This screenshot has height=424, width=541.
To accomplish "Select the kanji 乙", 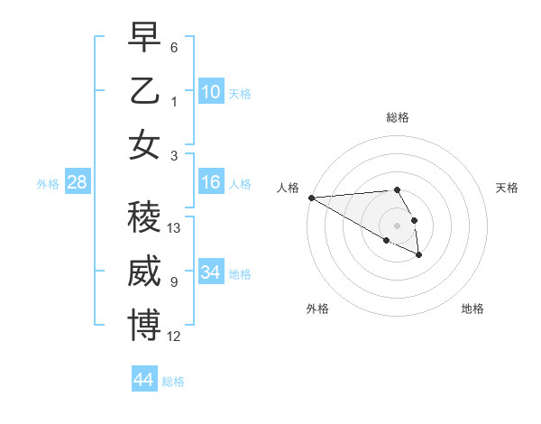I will click(144, 91).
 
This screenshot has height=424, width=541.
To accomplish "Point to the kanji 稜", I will click(144, 217).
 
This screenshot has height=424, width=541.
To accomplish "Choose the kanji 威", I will click(144, 272).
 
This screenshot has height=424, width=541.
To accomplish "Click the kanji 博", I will click(144, 326).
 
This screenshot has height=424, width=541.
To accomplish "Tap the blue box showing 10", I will click(211, 91).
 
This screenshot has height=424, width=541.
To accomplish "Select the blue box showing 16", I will click(211, 182).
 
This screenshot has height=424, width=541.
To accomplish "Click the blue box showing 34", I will click(211, 272).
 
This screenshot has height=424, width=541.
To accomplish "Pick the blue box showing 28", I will click(78, 182).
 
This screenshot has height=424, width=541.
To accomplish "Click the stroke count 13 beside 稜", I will click(175, 228).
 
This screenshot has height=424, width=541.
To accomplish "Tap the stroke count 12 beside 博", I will click(175, 336).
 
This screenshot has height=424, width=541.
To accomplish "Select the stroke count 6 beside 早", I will click(174, 47).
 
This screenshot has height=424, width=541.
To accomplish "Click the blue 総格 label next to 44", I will click(173, 382).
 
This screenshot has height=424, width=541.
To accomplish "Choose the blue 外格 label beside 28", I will click(49, 184).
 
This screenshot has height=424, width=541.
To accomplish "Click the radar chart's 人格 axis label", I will click(288, 188).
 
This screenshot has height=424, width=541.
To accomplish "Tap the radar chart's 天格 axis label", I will click(507, 188).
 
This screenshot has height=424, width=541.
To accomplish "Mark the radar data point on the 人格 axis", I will click(311, 197).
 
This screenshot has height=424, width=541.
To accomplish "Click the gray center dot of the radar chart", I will click(397, 225).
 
